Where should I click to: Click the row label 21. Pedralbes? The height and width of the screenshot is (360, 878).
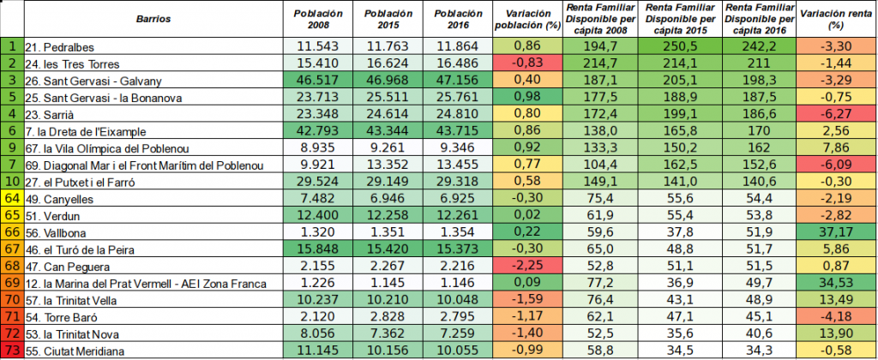pos(60,47)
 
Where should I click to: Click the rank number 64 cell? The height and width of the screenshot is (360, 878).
pos(12,198)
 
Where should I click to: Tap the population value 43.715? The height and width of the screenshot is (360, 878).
pos(458,131)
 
